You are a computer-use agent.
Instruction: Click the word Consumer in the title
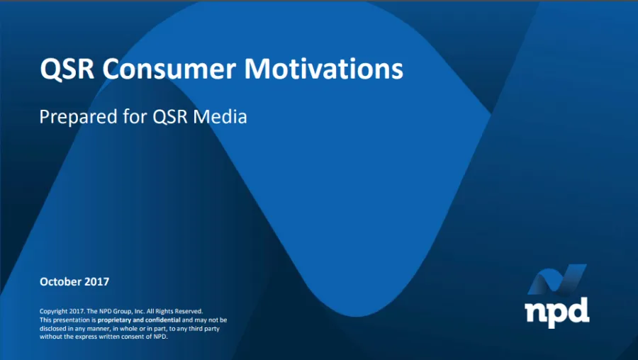point(169,69)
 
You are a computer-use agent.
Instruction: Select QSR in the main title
point(67,69)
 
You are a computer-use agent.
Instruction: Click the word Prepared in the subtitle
point(78,117)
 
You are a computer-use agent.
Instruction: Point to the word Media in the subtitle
point(220,117)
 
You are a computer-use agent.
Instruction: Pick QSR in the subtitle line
point(170,117)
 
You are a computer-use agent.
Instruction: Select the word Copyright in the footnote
point(53,312)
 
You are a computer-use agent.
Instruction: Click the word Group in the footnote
point(123,312)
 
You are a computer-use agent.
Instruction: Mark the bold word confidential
point(163,320)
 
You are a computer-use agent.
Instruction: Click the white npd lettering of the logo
point(557,312)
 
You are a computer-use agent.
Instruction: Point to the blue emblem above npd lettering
point(557,280)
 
